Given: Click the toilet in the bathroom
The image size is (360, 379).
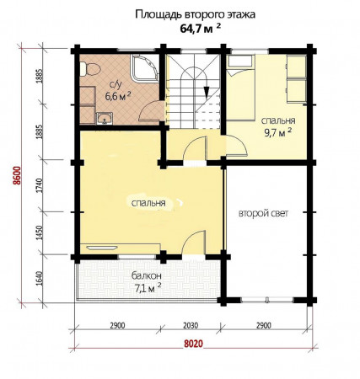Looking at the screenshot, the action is click(90, 69).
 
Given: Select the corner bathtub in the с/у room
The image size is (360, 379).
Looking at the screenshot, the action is click(144, 68).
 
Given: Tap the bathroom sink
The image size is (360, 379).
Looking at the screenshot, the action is click(105, 118).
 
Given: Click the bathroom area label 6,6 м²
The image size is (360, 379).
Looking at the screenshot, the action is click(118, 96).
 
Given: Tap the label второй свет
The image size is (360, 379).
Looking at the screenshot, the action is click(263, 213).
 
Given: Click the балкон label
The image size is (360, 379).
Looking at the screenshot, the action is click(147, 276).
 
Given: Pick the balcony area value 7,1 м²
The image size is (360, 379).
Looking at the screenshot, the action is click(148, 288).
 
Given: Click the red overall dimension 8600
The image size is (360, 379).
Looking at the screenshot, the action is click(18, 175).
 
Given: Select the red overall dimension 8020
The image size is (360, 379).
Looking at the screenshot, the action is click(193, 344).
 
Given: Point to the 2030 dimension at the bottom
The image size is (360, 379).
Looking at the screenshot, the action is click(191, 326).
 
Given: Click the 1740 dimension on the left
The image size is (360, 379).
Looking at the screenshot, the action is click(40, 185).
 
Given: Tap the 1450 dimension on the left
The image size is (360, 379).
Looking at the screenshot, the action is click(40, 233).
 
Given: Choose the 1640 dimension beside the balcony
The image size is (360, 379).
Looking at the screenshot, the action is click(40, 279).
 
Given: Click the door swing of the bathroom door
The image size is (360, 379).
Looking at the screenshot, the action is click(150, 111).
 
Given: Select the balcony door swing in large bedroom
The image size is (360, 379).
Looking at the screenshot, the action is click(193, 243).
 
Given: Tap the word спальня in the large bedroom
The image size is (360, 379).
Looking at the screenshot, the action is click(148, 203).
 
